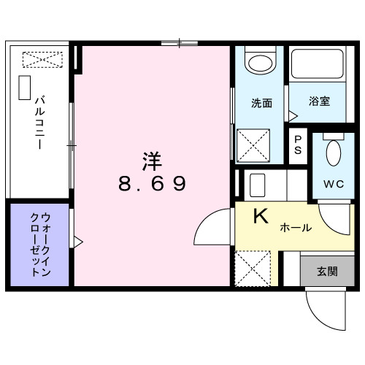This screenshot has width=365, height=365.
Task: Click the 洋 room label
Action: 152,159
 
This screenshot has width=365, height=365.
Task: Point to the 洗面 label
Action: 262,102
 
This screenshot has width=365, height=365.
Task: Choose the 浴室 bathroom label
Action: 318,101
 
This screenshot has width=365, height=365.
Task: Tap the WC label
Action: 332,182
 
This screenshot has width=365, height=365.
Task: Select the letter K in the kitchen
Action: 260,216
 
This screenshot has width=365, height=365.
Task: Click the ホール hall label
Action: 296,228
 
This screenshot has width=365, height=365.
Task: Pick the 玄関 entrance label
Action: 326,272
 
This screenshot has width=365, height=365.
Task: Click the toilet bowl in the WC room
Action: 333,153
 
